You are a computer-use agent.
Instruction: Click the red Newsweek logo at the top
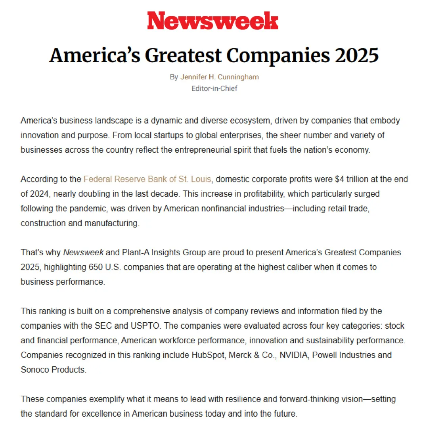click(x=212, y=21)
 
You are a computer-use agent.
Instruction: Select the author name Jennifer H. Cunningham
click(x=220, y=77)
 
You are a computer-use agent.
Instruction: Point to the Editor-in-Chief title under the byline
click(x=214, y=88)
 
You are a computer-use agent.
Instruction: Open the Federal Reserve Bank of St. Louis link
click(x=147, y=179)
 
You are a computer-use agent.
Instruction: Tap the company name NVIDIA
click(x=294, y=355)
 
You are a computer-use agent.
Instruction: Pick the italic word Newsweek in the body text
click(x=83, y=253)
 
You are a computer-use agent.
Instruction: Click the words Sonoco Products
click(x=53, y=369)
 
